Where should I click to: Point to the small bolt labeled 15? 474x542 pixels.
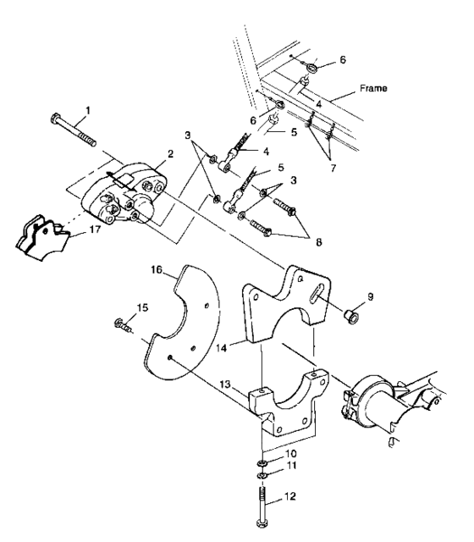(x=122, y=323)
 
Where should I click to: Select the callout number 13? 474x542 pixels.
(x=223, y=384)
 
